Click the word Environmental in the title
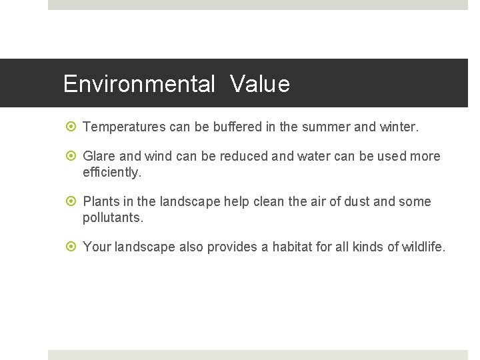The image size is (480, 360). coord(139,85)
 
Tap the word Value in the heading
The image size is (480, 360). coord(260,85)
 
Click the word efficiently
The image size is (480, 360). coord(112,172)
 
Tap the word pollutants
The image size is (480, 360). coord(113,217)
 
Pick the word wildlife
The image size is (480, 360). coord(423,247)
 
